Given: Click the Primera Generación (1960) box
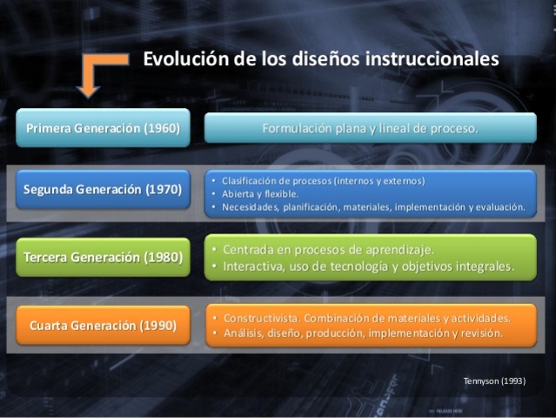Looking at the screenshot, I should [x=103, y=128].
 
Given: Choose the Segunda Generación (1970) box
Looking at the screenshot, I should [x=103, y=189].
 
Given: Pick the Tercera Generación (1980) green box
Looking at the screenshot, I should [x=103, y=257].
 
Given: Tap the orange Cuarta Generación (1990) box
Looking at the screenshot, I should [x=103, y=326].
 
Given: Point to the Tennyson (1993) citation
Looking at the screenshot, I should [x=495, y=381].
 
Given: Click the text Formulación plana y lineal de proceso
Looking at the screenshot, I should [x=370, y=128].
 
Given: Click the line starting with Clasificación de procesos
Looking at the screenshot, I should [x=323, y=180].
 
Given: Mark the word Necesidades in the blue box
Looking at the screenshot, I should [x=251, y=207].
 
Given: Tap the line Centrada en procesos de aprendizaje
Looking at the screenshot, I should [x=328, y=249].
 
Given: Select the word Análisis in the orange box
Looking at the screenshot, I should [x=243, y=333].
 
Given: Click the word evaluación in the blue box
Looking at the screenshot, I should [x=499, y=207].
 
